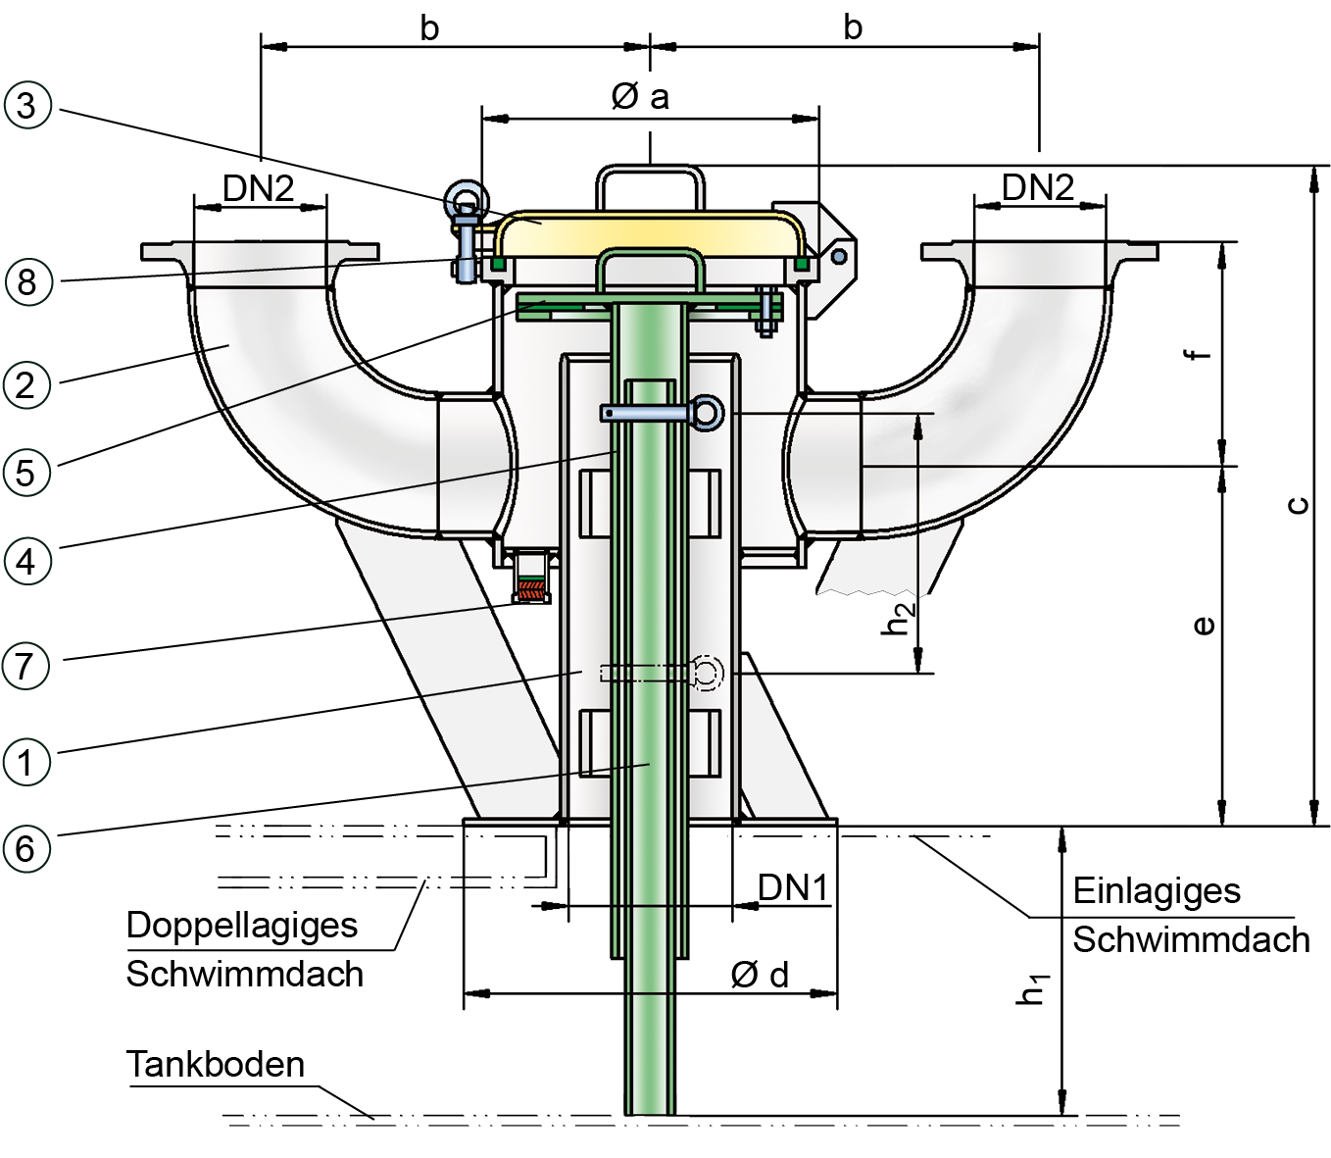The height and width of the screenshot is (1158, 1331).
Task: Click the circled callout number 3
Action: (x=27, y=105)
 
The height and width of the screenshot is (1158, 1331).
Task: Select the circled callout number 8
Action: (x=27, y=281)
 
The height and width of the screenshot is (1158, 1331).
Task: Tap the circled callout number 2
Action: (x=27, y=384)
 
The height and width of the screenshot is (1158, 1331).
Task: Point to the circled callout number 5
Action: (x=27, y=472)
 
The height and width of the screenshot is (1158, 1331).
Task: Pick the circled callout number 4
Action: (x=27, y=562)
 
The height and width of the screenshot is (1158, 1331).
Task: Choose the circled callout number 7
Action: (x=27, y=666)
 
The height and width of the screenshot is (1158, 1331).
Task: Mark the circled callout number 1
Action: (x=27, y=762)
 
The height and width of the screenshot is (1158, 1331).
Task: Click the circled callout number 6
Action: (x=27, y=848)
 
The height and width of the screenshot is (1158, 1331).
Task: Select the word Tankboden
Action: (x=216, y=1064)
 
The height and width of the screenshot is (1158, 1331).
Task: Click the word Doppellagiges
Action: (x=242, y=925)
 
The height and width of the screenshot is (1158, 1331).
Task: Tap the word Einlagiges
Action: (x=1157, y=890)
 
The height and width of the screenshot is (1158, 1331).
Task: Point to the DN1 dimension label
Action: (x=793, y=887)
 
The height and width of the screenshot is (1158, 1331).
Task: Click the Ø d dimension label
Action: (x=760, y=975)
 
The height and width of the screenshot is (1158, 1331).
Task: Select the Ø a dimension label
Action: (x=640, y=96)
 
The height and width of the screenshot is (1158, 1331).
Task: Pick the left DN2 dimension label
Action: (x=259, y=187)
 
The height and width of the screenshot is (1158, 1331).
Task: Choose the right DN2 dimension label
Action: (x=1038, y=186)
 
